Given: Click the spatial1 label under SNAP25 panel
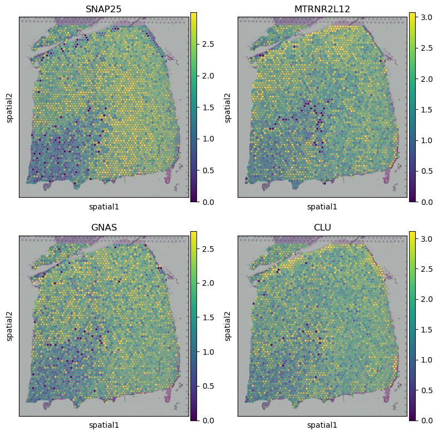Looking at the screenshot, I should pyautogui.click(x=104, y=207).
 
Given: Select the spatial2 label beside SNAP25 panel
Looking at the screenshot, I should pyautogui.click(x=10, y=107).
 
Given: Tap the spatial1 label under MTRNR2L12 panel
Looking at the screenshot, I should pyautogui.click(x=323, y=207).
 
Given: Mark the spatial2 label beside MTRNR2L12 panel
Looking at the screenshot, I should pyautogui.click(x=229, y=107).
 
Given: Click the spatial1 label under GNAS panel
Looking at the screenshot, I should pyautogui.click(x=104, y=426).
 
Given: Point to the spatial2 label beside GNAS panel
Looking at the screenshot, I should pyautogui.click(x=10, y=326).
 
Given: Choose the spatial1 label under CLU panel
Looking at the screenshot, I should pyautogui.click(x=323, y=426).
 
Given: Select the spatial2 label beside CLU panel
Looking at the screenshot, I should pyautogui.click(x=229, y=326).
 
